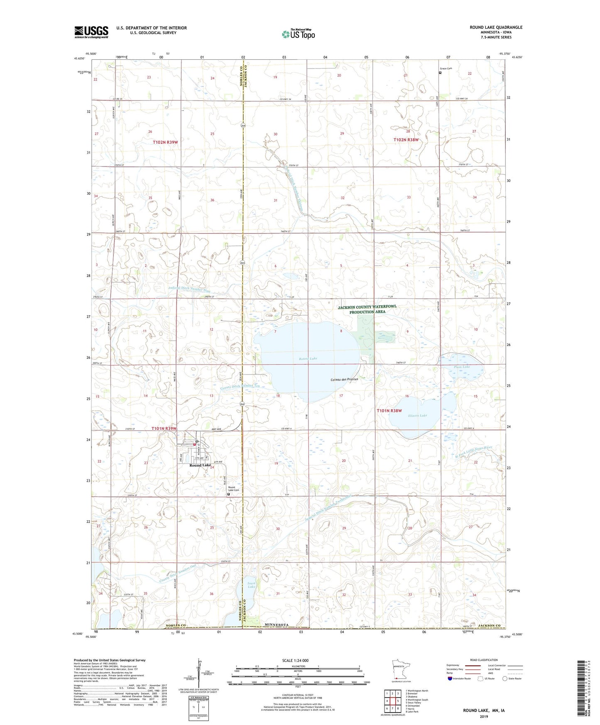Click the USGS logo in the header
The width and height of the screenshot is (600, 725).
(x=91, y=32)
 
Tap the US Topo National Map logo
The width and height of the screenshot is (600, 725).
(x=298, y=34)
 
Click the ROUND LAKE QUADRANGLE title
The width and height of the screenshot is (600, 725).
(x=496, y=27)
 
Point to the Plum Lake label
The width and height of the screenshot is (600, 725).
(x=462, y=367)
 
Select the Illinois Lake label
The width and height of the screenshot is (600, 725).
(x=417, y=416)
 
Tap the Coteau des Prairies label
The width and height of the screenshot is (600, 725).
(x=344, y=379)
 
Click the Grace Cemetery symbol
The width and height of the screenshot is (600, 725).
(x=440, y=73)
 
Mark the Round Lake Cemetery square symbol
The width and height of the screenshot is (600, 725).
(x=228, y=494)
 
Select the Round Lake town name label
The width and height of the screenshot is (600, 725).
(x=200, y=465)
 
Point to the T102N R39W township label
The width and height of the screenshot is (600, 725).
(x=165, y=142)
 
